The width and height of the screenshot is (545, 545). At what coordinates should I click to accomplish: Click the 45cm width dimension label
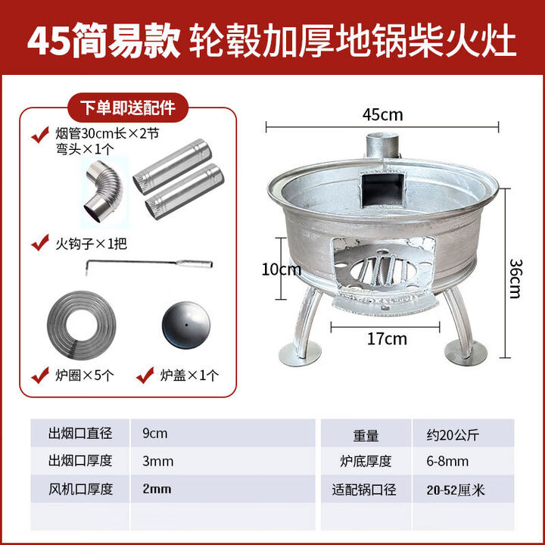[x=382, y=115]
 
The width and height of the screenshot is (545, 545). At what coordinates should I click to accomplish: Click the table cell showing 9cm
[x=155, y=434]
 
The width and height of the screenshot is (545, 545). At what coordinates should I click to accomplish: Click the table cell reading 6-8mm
[x=447, y=461]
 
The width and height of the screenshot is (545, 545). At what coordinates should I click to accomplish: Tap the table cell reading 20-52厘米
[x=455, y=489]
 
